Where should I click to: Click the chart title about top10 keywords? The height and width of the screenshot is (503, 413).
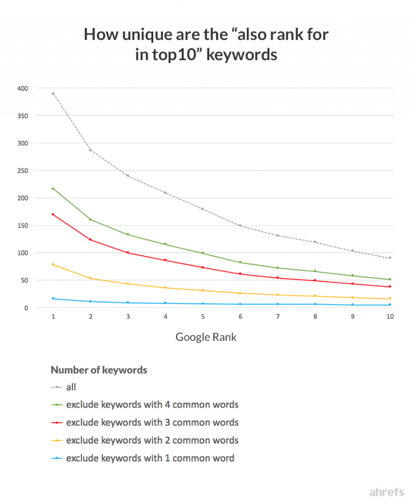pos(206,45)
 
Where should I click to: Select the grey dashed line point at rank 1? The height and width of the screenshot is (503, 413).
pos(53,94)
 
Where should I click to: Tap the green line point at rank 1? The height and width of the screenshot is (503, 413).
pos(53,188)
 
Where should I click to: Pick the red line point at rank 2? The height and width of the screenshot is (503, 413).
pos(90,240)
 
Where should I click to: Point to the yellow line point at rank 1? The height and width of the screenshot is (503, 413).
pos(53,264)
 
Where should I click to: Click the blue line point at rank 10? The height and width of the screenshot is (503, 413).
pos(390,305)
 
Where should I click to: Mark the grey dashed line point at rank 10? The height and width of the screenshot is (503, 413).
pos(390,258)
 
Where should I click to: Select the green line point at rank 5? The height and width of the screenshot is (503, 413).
pos(203,253)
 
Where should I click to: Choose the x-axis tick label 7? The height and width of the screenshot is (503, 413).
pos(277,317)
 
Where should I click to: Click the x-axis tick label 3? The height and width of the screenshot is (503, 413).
pos(128,317)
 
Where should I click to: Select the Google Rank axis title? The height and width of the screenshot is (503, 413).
pos(206,338)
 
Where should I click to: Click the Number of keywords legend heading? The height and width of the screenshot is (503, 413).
pos(99,370)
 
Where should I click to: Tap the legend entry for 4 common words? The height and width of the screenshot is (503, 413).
pos(152,404)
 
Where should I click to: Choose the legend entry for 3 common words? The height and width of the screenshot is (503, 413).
pos(152,423)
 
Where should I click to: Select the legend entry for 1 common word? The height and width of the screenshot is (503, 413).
pos(150,458)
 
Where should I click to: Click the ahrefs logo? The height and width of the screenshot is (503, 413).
pos(386,492)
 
